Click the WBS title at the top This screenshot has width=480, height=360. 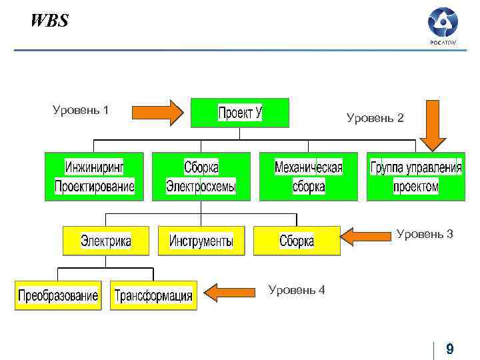pyautogui.click(x=49, y=21)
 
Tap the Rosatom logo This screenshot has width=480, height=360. pyautogui.click(x=443, y=27)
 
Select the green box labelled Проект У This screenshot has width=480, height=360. pyautogui.click(x=240, y=113)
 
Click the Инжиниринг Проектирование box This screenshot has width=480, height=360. pyautogui.click(x=94, y=177)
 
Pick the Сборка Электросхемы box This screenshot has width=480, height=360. pyautogui.click(x=201, y=177)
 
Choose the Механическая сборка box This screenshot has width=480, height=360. pyautogui.click(x=309, y=177)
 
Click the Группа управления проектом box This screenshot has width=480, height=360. pyautogui.click(x=416, y=177)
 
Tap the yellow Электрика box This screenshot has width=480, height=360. pyautogui.click(x=106, y=241)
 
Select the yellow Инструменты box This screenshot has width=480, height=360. pyautogui.click(x=201, y=241)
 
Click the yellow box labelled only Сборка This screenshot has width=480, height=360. pyautogui.click(x=297, y=241)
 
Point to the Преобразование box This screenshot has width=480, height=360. pyautogui.click(x=58, y=295)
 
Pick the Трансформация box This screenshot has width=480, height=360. pyautogui.click(x=153, y=295)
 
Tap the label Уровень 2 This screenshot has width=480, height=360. pyautogui.click(x=375, y=118)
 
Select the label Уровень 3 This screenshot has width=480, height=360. pyautogui.click(x=425, y=234)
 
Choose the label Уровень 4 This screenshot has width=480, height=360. pyautogui.click(x=296, y=290)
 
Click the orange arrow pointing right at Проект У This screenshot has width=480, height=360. pyautogui.click(x=157, y=113)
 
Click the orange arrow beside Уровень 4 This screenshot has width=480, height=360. pyautogui.click(x=231, y=291)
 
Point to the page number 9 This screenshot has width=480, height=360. pyautogui.click(x=450, y=349)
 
